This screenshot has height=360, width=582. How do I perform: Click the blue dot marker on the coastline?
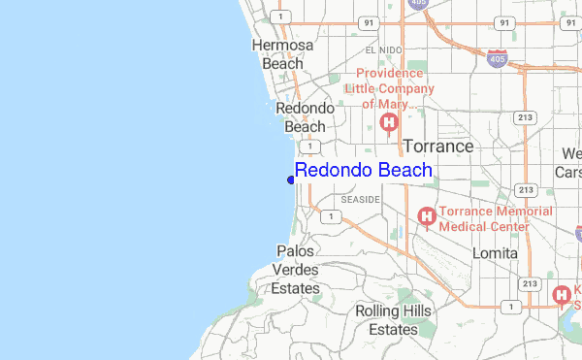(x=291, y=179)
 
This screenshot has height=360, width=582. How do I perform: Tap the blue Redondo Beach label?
(x=364, y=171)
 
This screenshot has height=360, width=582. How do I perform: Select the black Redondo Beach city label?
(x=305, y=117)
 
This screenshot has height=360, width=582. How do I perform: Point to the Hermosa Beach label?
(x=282, y=54)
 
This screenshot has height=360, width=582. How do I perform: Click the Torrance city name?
(x=437, y=147)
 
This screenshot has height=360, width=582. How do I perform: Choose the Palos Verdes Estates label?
(x=295, y=270)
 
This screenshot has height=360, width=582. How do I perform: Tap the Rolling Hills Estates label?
(x=386, y=320)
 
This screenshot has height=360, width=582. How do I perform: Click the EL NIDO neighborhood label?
(x=382, y=49)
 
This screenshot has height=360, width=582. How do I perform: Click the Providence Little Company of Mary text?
(x=395, y=88)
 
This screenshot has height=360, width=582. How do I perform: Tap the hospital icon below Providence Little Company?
(x=389, y=122)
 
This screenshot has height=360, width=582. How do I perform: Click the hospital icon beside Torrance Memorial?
(x=426, y=217)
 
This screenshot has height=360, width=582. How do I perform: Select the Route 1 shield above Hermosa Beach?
(x=279, y=16)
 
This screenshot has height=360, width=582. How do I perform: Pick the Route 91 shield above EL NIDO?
(x=368, y=21)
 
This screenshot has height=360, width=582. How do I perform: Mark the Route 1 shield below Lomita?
(x=507, y=306)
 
